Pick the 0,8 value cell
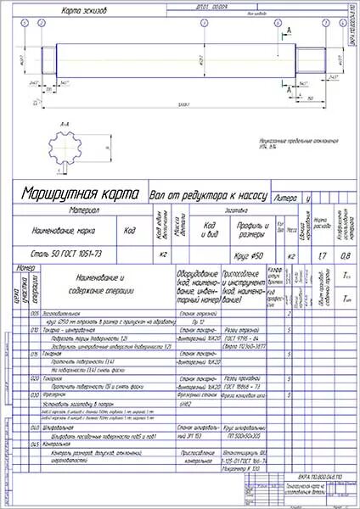pos(344,253)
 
